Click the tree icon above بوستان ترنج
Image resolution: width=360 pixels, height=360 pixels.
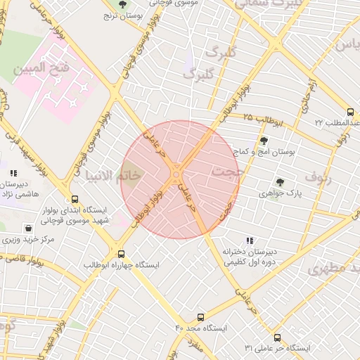point(124,5)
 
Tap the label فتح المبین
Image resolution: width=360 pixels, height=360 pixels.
point(41,69)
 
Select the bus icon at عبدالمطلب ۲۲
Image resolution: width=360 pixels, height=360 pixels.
point(350,112)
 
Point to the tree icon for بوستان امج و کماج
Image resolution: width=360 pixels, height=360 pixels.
point(264,141)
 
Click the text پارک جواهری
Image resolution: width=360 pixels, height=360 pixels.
point(279,193)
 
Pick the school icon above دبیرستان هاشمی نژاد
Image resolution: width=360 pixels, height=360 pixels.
point(13,173)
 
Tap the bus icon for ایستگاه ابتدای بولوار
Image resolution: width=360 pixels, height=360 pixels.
point(75,200)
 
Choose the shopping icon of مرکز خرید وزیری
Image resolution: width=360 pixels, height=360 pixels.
point(28,229)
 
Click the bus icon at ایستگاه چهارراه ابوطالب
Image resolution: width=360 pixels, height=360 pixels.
point(122,254)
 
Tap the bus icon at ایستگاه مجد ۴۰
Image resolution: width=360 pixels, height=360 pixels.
point(200,318)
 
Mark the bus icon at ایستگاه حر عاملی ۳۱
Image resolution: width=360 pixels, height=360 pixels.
point(277,337)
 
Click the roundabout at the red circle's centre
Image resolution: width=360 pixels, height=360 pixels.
point(176,174)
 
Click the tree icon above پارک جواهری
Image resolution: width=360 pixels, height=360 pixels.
point(280,182)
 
